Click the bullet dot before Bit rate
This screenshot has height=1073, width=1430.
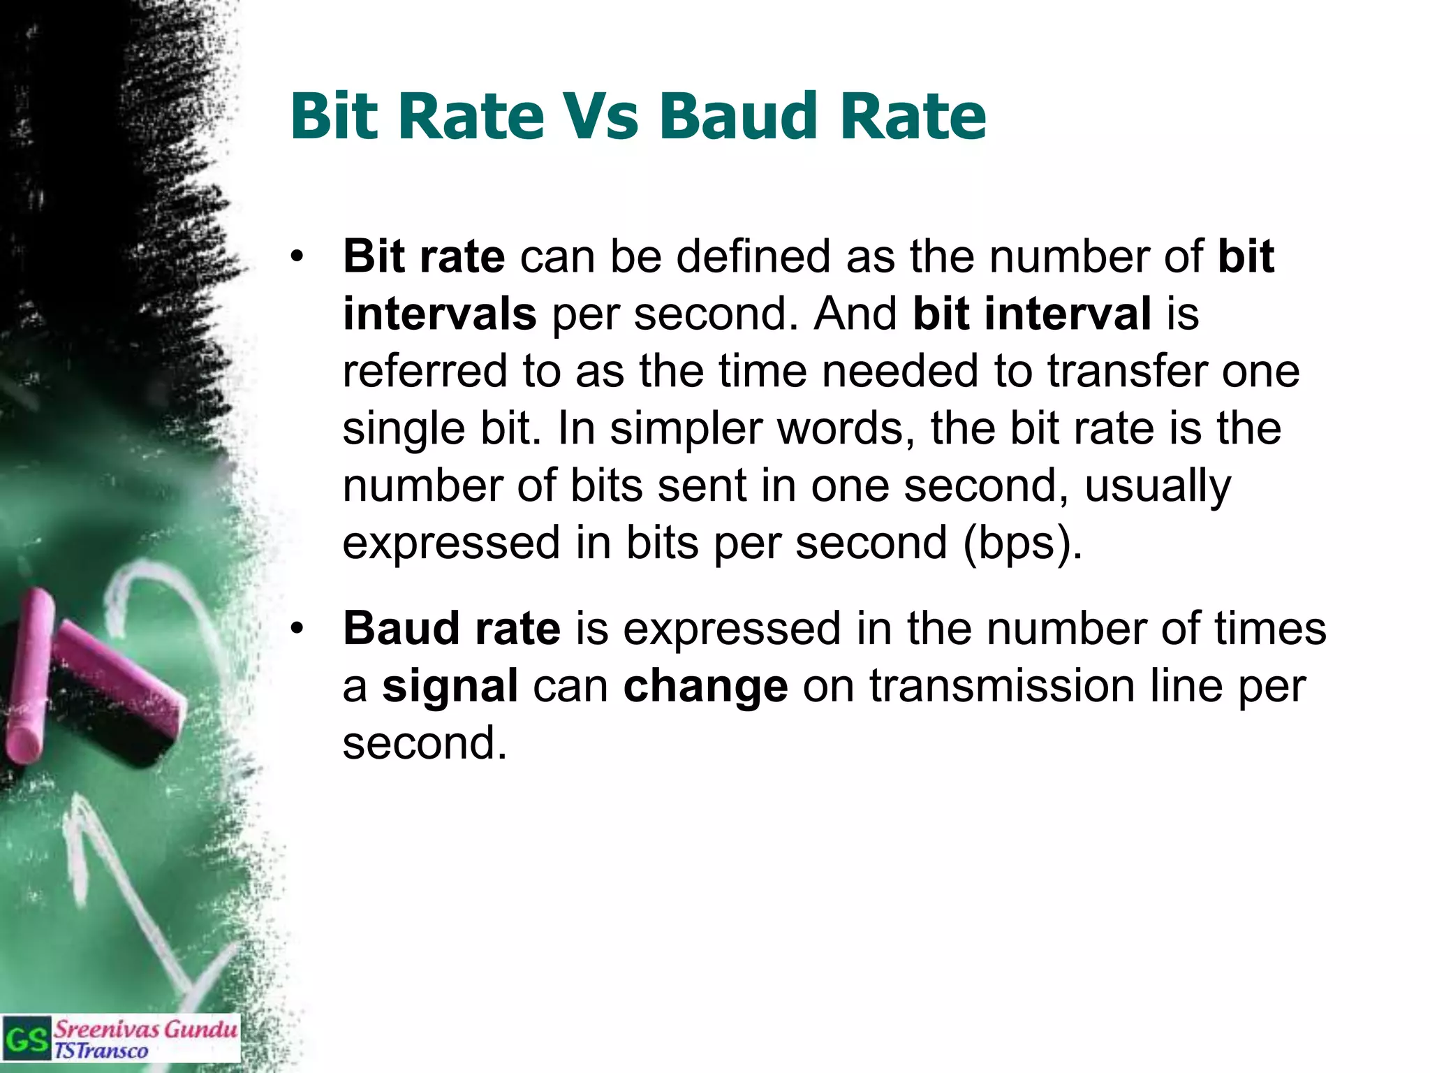click(x=298, y=257)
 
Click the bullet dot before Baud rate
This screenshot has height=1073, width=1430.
click(x=298, y=629)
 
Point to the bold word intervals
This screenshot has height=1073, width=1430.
click(x=440, y=314)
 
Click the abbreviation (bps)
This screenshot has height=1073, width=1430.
click(x=1022, y=543)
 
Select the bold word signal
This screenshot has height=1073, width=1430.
click(x=450, y=686)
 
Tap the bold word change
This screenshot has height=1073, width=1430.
click(x=705, y=686)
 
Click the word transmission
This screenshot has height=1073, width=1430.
click(x=1002, y=686)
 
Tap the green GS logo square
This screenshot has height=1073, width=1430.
click(x=27, y=1039)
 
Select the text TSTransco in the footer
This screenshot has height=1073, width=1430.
click(x=101, y=1051)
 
